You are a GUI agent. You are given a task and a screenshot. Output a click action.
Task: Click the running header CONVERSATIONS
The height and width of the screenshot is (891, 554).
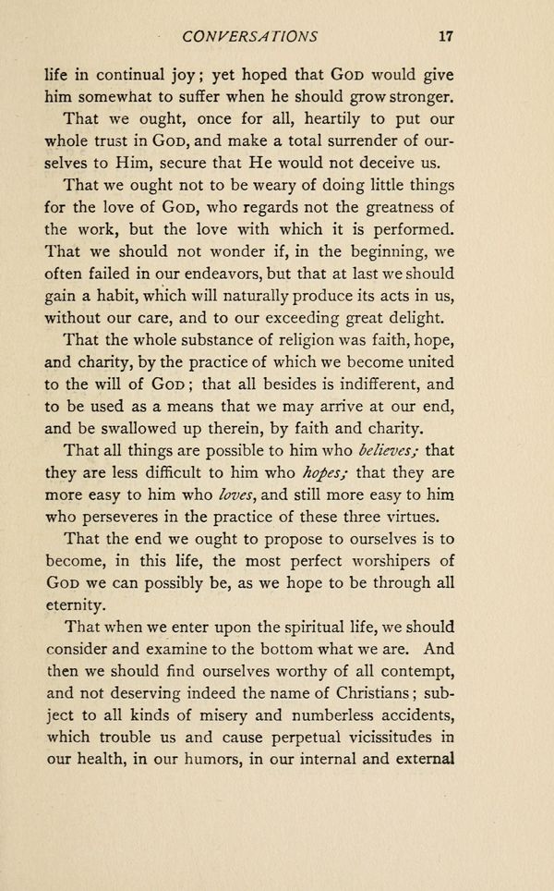pos(251,37)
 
